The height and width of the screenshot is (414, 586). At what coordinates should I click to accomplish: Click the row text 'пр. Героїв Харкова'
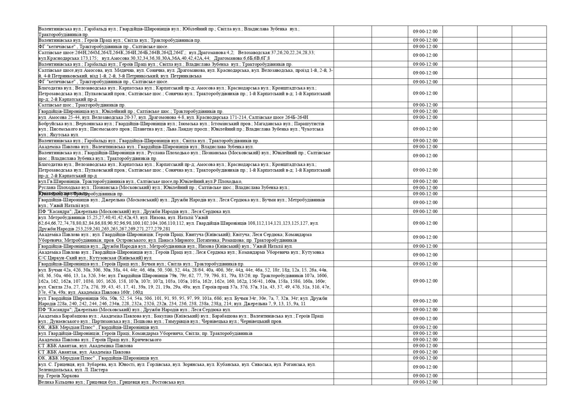[x=59, y=376]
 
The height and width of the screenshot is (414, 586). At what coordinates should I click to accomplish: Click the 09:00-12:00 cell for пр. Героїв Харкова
[x=425, y=376]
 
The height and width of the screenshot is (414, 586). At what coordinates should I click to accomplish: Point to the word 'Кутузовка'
[x=313, y=252]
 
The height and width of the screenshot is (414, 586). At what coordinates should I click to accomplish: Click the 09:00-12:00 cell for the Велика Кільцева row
[x=425, y=382]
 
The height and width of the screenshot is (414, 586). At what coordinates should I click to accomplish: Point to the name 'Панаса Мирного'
[x=173, y=240]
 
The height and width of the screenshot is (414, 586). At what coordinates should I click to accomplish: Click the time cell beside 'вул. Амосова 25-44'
[x=425, y=117]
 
